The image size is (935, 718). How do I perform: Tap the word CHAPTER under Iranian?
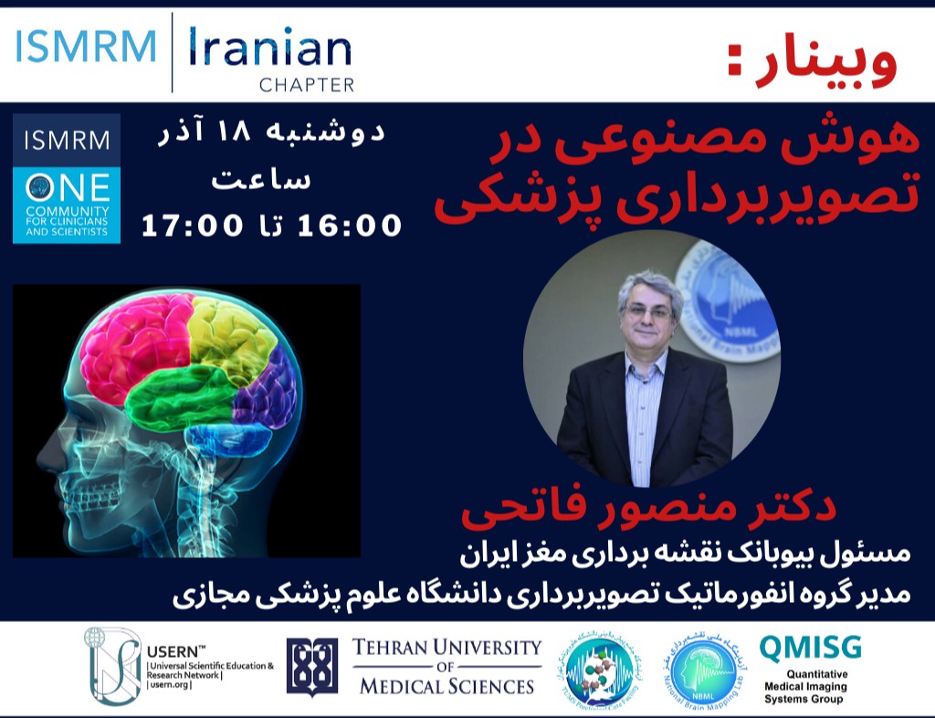(307, 86)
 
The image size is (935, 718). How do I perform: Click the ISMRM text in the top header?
(86, 48)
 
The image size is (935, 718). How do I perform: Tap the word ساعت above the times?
(262, 180)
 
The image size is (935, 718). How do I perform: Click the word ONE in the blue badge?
(67, 188)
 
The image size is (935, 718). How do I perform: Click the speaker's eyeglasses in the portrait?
(649, 311)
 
